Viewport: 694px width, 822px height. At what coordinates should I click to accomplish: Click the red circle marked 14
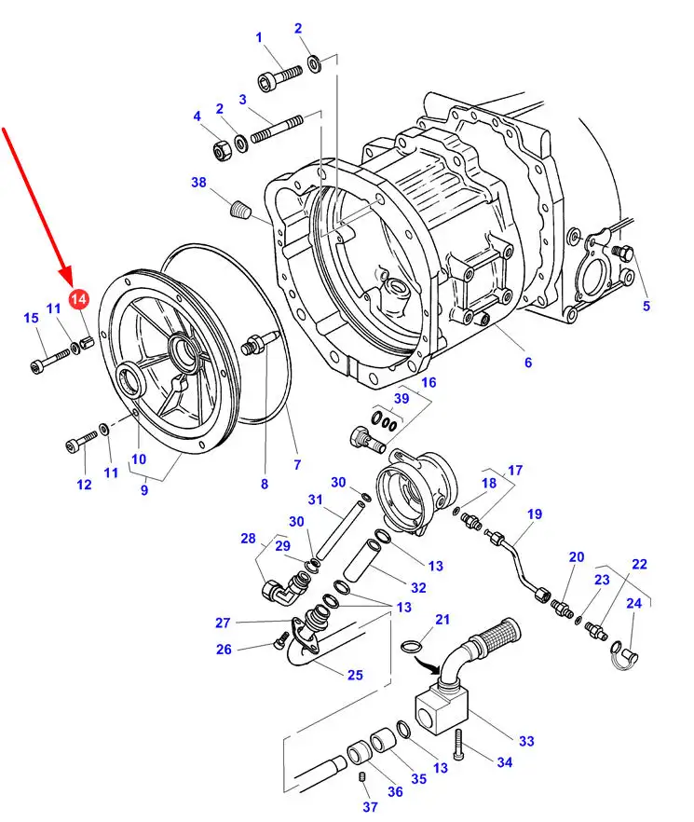click(x=79, y=298)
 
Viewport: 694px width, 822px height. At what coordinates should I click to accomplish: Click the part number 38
click(x=198, y=183)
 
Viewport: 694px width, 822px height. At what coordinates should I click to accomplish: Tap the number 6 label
click(x=528, y=363)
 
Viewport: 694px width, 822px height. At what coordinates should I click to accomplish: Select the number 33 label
click(x=526, y=741)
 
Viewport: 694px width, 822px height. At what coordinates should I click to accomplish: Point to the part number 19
click(x=534, y=514)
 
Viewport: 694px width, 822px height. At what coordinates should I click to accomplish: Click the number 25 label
click(x=355, y=675)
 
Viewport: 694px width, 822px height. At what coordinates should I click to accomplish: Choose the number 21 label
click(x=442, y=620)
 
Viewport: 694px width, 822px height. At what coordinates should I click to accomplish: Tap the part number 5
click(x=646, y=306)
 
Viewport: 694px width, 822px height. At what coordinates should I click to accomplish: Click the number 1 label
click(x=259, y=37)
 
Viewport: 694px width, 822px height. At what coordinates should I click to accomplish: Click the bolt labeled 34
click(x=457, y=745)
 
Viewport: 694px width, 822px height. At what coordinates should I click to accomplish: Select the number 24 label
click(x=633, y=603)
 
